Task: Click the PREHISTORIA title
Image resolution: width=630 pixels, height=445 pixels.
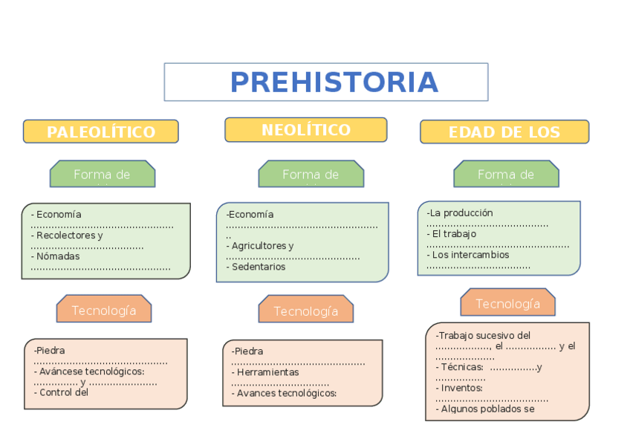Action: [x=334, y=82]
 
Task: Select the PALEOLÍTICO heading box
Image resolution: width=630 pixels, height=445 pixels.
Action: [x=101, y=132]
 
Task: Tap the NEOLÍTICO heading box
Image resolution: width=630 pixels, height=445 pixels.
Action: [x=305, y=130]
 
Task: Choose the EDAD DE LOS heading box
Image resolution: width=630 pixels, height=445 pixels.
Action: [x=504, y=132]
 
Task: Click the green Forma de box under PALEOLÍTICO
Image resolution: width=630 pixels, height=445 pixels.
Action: [x=102, y=175]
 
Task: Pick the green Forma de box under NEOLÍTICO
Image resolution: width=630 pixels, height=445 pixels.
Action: [x=311, y=175]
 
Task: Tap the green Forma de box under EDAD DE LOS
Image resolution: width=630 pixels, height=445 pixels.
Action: [x=506, y=175]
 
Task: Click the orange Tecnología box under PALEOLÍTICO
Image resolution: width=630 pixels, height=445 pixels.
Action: [x=104, y=310]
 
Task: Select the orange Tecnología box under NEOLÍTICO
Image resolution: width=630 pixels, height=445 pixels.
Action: [x=305, y=311]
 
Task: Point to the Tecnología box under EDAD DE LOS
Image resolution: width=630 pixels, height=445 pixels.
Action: [x=507, y=303]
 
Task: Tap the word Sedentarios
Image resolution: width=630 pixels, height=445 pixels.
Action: [x=258, y=267]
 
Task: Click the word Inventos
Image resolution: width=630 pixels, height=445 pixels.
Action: [x=461, y=388]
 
